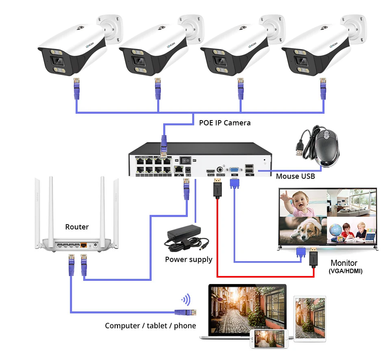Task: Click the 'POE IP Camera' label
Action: click(225, 123)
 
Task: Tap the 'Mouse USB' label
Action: click(295, 176)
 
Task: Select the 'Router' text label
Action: click(77, 227)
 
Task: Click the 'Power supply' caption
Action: click(189, 259)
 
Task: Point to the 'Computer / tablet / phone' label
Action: click(150, 326)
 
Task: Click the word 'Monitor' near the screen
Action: click(344, 263)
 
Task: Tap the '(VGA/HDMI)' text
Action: click(345, 271)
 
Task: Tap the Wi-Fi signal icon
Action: click(186, 300)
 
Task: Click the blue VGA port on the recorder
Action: click(234, 170)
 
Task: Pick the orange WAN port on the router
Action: click(83, 245)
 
